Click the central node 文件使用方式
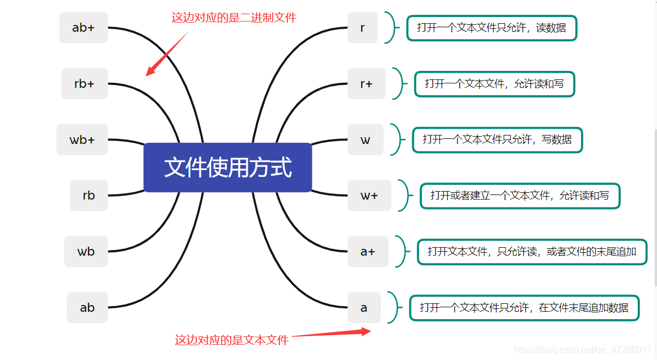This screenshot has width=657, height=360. tap(227, 168)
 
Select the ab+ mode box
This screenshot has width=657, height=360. tap(83, 27)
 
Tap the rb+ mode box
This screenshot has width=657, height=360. tap(84, 84)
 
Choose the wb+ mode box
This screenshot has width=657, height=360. tap(82, 139)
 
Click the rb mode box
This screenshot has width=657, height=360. tap(88, 196)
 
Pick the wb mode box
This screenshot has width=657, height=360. tap(86, 251)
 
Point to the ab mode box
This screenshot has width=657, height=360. tap(87, 307)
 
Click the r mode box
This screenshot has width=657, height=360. tap(362, 27)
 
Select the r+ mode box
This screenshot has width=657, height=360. tap(366, 84)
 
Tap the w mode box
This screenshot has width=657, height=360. tap(365, 139)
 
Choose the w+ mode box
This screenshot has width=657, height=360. tap(369, 196)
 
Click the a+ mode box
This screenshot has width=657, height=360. tap(368, 251)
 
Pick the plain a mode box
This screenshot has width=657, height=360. tap(363, 307)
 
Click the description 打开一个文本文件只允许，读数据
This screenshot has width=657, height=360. tap(491, 28)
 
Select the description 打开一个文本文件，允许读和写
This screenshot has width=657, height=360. tap(494, 84)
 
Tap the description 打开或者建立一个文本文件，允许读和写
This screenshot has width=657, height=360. tap(520, 196)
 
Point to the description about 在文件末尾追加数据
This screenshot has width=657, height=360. tap(524, 308)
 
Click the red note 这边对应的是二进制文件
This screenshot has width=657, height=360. tap(234, 18)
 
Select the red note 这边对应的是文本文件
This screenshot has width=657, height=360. tap(231, 340)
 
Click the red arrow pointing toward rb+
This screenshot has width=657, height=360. tap(167, 54)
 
